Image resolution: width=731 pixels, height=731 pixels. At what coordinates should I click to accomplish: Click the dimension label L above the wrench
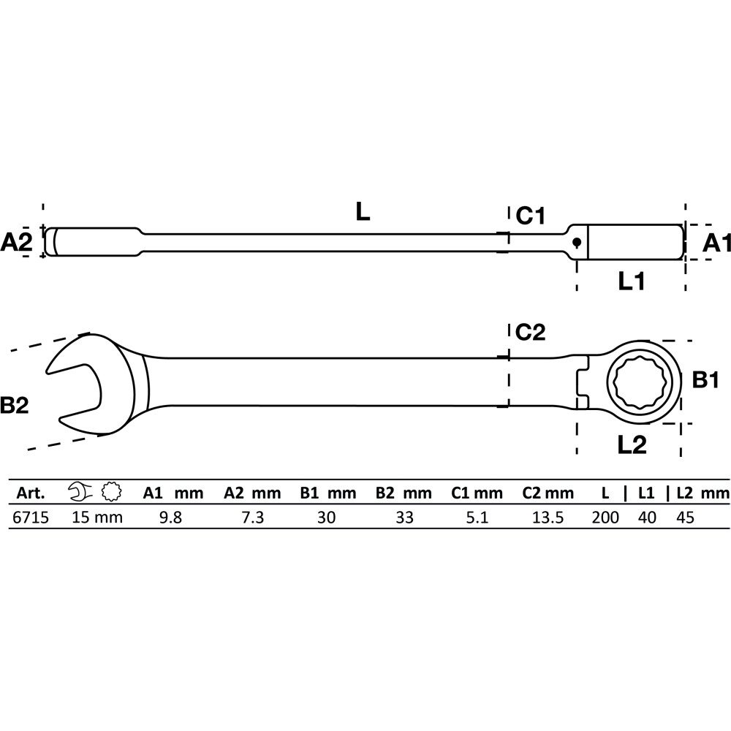tap(363, 212)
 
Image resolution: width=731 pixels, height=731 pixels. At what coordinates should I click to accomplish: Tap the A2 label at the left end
tap(16, 243)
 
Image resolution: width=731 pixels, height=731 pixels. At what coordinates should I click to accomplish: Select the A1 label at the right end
tap(716, 243)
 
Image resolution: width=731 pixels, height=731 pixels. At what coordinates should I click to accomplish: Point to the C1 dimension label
tap(530, 216)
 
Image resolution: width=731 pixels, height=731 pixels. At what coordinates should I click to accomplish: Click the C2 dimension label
tap(530, 332)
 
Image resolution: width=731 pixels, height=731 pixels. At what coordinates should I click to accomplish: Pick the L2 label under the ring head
tap(632, 445)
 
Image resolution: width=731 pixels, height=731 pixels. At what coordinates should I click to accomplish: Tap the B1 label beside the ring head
tap(706, 380)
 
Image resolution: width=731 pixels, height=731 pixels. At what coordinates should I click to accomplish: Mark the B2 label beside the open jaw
tap(15, 405)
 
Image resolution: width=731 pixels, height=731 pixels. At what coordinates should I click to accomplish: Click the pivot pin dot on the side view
tap(577, 241)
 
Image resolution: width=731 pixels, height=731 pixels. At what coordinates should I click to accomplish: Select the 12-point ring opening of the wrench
tap(643, 382)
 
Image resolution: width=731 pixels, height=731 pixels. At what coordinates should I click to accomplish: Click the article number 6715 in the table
tap(31, 518)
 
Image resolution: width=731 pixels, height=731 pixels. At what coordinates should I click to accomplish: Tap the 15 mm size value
tap(97, 518)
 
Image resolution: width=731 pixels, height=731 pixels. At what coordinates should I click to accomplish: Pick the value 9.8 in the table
tap(170, 518)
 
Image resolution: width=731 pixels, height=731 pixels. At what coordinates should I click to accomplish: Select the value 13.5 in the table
tap(548, 518)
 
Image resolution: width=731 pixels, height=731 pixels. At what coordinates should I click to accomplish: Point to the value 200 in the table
tap(605, 518)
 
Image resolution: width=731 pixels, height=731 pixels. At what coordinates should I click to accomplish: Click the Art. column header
tap(31, 493)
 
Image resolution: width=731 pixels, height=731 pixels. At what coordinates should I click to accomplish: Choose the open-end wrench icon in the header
tap(80, 492)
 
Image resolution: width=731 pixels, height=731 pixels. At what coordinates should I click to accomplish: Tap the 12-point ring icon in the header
tap(111, 492)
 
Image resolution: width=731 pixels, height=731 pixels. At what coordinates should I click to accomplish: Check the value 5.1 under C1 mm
tap(477, 518)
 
